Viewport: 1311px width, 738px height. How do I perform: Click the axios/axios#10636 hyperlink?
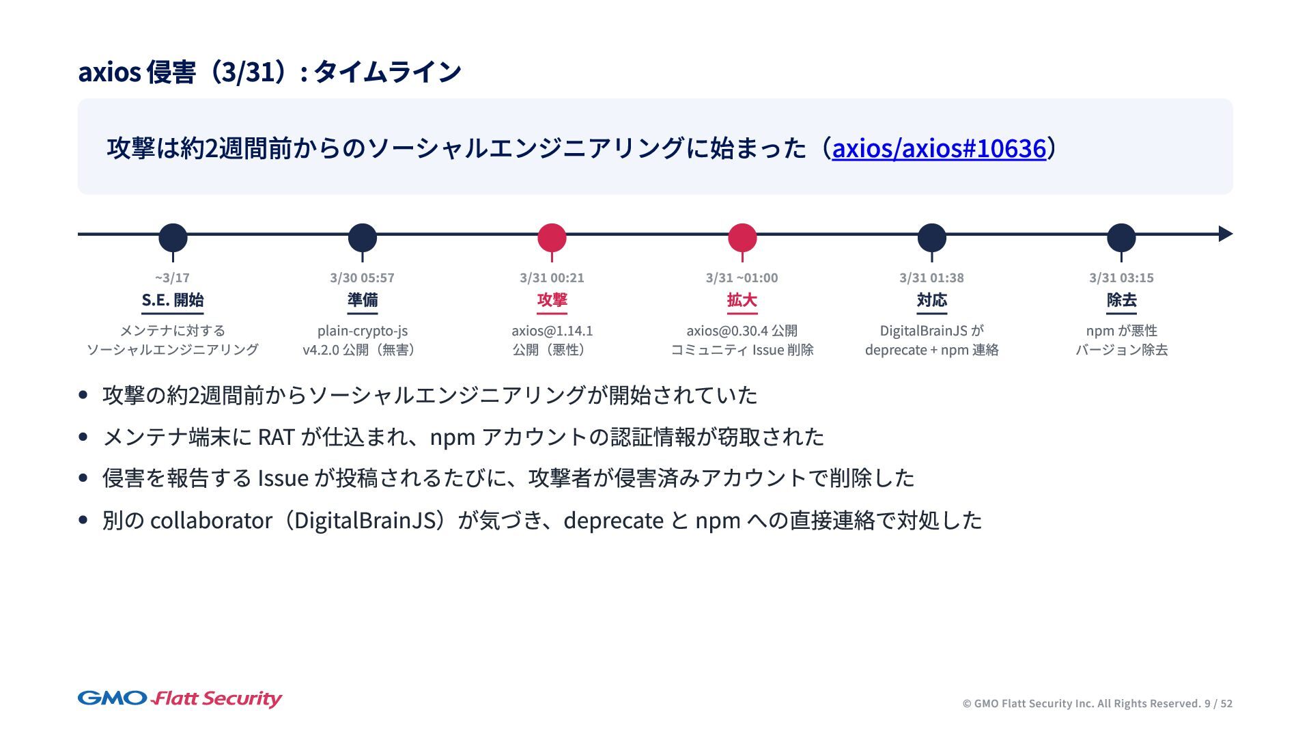939,148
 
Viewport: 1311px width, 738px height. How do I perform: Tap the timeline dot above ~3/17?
173,237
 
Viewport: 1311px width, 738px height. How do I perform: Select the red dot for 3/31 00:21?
552,237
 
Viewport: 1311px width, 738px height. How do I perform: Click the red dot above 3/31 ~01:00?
742,237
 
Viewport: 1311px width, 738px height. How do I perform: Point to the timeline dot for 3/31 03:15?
1121,237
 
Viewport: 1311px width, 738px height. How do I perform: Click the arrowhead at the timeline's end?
1225,234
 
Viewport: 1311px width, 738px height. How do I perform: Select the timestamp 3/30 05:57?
362,277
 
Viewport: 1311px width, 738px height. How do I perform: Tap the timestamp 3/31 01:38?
931,277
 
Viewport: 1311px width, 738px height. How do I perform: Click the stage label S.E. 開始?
173,300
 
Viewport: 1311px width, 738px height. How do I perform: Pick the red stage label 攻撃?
552,300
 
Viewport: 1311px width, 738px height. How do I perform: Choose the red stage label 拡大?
742,300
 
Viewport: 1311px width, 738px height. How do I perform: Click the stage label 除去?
1121,300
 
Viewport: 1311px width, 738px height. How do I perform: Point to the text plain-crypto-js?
362,331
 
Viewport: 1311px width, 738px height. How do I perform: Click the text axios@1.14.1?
552,331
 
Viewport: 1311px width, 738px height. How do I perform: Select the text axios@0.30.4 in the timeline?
727,331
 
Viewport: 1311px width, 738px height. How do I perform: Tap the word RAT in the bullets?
276,437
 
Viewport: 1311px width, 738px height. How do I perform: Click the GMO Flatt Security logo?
180,698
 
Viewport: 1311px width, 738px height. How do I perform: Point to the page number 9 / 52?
1218,704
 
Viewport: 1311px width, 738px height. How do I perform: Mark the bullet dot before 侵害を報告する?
83,478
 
